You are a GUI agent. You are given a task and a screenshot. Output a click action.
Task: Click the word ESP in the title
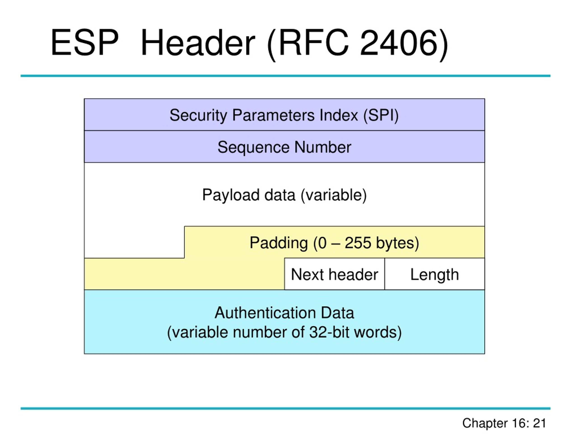tap(85, 43)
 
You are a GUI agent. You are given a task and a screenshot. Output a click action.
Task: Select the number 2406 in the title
tap(399, 43)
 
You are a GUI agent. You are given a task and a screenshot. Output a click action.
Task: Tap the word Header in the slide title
tap(198, 43)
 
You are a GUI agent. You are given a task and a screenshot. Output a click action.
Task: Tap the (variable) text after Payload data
tap(334, 195)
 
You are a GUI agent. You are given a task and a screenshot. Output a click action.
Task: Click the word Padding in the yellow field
tap(279, 243)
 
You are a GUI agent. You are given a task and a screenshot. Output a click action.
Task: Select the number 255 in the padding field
tap(358, 243)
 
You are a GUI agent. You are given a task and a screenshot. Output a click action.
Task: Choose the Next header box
tap(334, 274)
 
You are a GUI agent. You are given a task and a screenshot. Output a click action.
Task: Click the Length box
tap(435, 274)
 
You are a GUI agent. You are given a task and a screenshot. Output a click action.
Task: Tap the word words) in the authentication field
tap(378, 333)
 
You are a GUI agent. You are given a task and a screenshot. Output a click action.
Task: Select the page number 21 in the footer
tap(539, 423)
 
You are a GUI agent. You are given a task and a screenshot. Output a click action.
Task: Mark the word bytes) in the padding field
tap(397, 243)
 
